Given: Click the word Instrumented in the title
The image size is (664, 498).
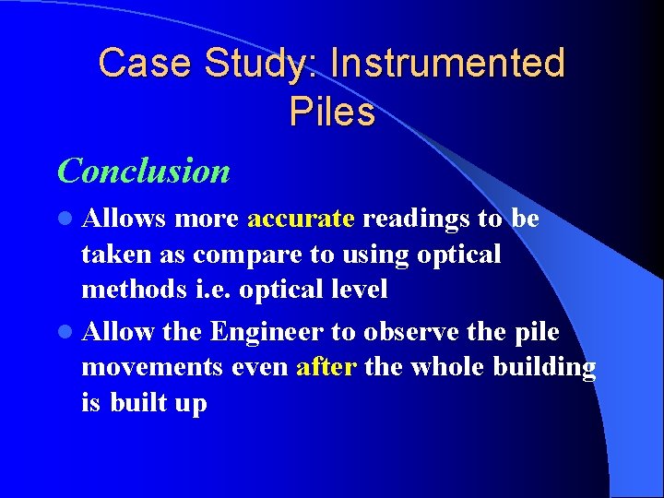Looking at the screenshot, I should [447, 64].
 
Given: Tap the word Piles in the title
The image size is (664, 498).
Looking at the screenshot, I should [332, 112].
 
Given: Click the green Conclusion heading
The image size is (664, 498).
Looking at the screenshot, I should [143, 171].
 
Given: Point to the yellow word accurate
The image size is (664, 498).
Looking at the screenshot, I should [301, 219].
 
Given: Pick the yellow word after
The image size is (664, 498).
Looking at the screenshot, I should [326, 367].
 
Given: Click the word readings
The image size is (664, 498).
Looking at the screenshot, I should [415, 219].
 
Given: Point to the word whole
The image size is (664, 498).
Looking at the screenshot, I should [446, 367].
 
